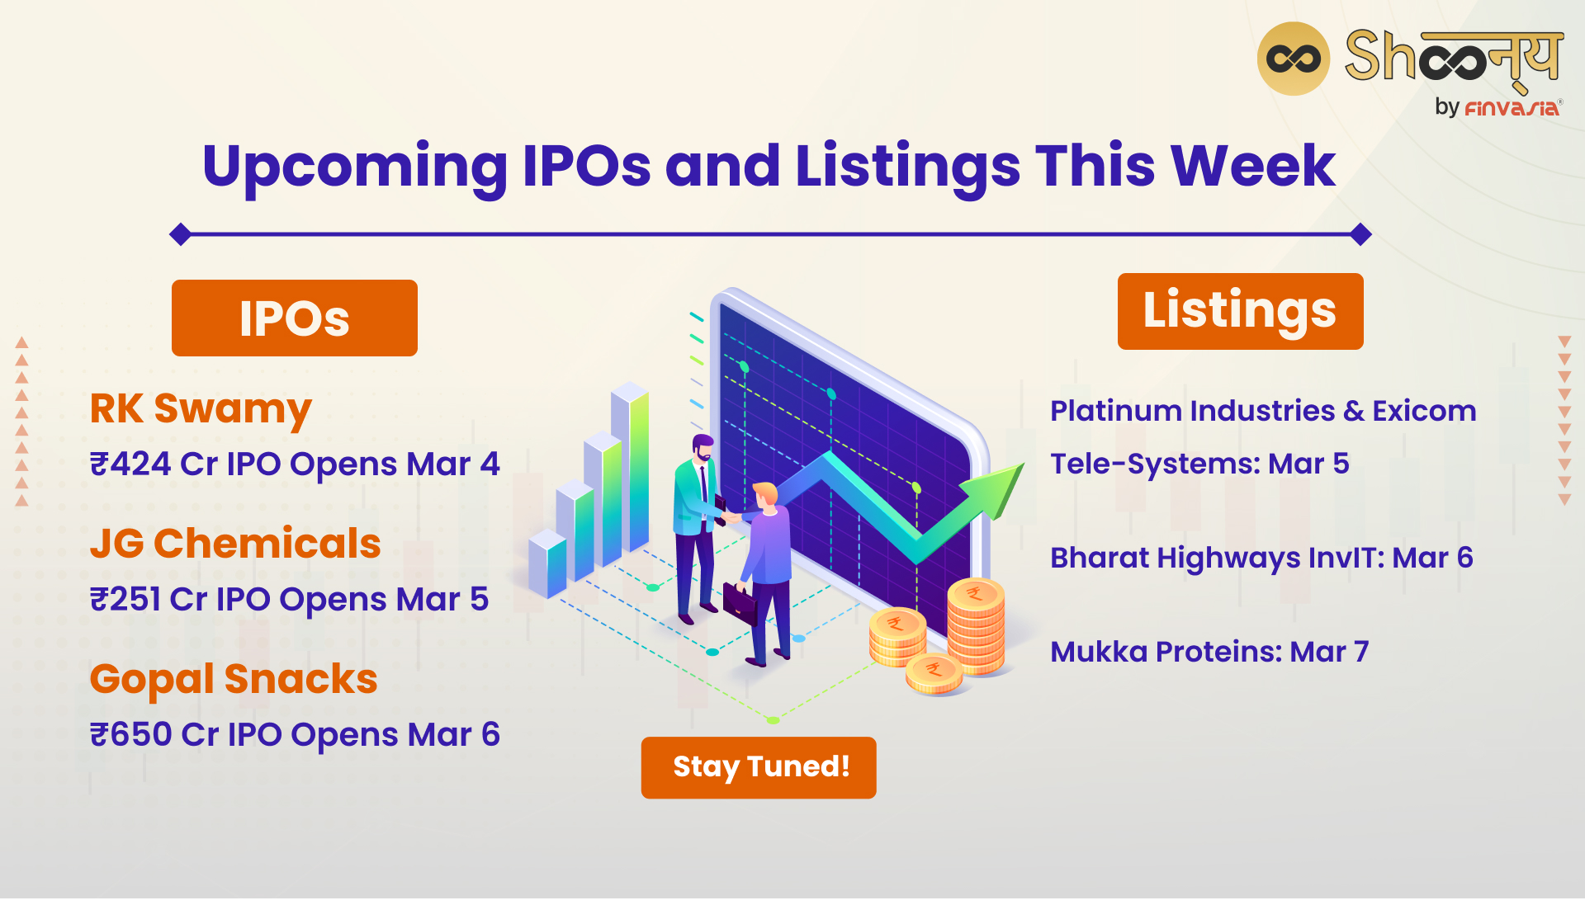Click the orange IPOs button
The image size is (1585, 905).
[x=295, y=318]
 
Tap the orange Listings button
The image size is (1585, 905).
[x=1240, y=311]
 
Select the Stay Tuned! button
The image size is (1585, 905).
[x=759, y=767]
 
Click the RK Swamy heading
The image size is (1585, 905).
[x=201, y=410]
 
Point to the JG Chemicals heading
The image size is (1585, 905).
[x=235, y=544]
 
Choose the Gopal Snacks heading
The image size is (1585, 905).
[x=234, y=681]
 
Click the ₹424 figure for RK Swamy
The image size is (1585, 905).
[x=130, y=464]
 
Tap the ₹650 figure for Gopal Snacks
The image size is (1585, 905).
[x=131, y=734]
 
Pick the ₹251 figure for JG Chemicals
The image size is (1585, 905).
[x=125, y=599]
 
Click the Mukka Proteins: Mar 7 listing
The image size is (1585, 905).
[x=1209, y=652]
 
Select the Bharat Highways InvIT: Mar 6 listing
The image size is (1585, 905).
[x=1261, y=559]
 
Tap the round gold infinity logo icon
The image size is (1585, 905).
[x=1294, y=59]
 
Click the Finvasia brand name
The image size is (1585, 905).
[x=1512, y=108]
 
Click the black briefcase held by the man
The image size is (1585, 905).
[x=740, y=604]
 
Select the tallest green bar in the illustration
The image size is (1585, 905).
[x=630, y=467]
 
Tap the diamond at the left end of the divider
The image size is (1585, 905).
[x=181, y=235]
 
